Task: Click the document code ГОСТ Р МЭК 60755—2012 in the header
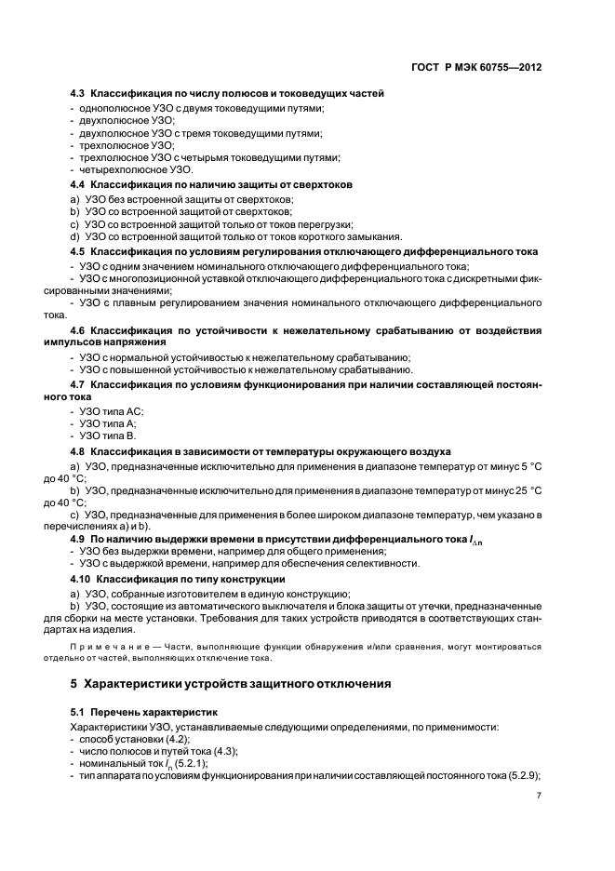(x=476, y=68)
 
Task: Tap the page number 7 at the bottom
(x=539, y=796)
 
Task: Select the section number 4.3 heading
(x=78, y=93)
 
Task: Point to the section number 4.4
(x=78, y=185)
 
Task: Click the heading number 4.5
(x=78, y=251)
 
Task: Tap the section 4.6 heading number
(x=78, y=330)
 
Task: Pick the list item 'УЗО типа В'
(x=108, y=435)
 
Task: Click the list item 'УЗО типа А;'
(x=108, y=423)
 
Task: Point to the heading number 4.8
(x=78, y=450)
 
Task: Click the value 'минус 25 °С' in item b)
(x=512, y=489)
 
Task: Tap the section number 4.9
(x=78, y=539)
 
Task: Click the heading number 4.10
(x=81, y=579)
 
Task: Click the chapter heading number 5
(x=74, y=684)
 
